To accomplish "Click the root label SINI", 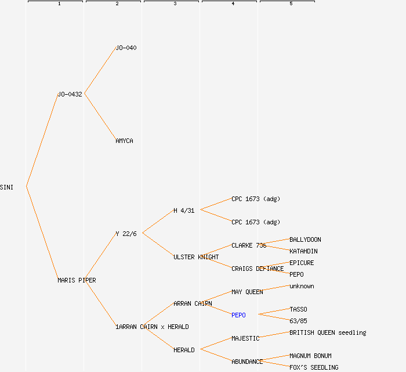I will click(7, 187).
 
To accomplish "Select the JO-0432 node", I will click(70, 94).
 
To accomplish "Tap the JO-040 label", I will click(126, 48).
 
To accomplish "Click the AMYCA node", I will click(124, 141).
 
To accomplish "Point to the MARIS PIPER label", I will click(77, 280).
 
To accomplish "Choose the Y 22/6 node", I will click(126, 234).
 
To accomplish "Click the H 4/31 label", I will click(184, 210).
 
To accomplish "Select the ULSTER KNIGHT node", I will click(196, 257).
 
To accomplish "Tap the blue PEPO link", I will click(238, 315).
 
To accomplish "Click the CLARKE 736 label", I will click(249, 245).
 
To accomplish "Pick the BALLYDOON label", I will click(305, 239).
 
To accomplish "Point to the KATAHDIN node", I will click(303, 251).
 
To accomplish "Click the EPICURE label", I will click(302, 263).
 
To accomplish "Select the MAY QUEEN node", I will click(247, 292).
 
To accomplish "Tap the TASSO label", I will click(298, 309).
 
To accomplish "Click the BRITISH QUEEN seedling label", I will click(328, 332).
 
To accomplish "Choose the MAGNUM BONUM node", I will click(310, 356).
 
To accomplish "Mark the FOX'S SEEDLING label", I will click(314, 367).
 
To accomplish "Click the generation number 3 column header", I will click(175, 4).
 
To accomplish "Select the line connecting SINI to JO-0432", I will click(42, 140).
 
